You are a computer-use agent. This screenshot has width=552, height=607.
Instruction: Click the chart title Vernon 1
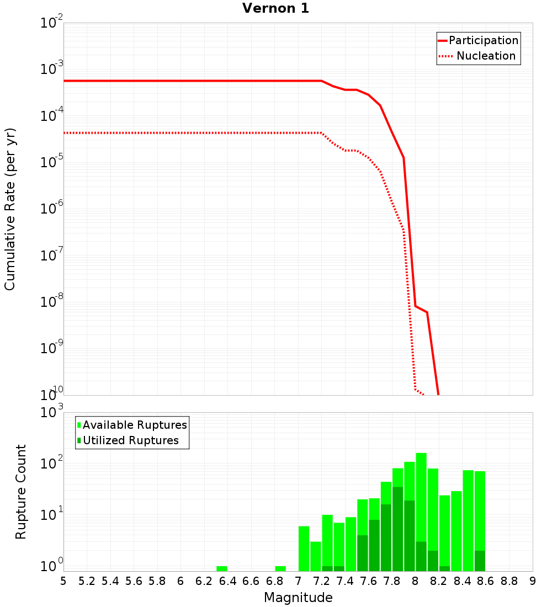[275, 9]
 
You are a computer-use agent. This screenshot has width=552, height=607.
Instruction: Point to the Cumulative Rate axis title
[10, 209]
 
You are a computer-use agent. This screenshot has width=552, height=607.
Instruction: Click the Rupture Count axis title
[21, 492]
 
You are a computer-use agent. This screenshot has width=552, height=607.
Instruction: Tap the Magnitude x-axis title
[298, 598]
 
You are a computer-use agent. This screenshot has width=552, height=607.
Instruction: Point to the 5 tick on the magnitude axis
[63, 581]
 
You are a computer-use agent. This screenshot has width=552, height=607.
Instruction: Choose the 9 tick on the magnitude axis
[532, 581]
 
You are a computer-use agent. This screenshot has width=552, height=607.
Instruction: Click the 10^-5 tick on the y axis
[51, 162]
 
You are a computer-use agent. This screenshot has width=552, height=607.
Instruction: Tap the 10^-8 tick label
[51, 301]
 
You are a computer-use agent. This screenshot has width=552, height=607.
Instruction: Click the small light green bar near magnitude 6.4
[222, 568]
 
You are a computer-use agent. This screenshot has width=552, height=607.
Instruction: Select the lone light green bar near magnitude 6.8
[280, 568]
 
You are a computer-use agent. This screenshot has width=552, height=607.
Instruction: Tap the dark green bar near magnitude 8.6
[480, 561]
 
